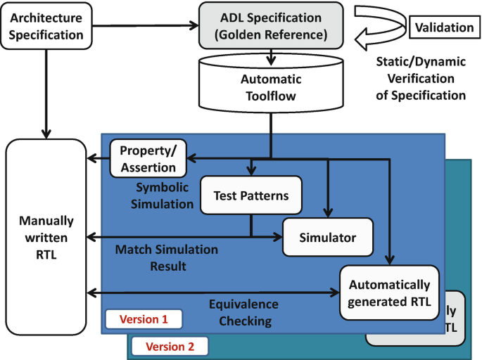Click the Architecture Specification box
pyautogui.click(x=46, y=25)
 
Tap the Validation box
pyautogui.click(x=443, y=27)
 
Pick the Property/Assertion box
pyautogui.click(x=148, y=158)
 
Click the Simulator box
pyautogui.click(x=327, y=238)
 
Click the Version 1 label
pyautogui.click(x=143, y=319)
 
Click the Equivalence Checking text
pyautogui.click(x=243, y=313)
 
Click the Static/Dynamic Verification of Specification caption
pyautogui.click(x=421, y=78)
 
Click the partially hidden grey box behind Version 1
pyautogui.click(x=450, y=320)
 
